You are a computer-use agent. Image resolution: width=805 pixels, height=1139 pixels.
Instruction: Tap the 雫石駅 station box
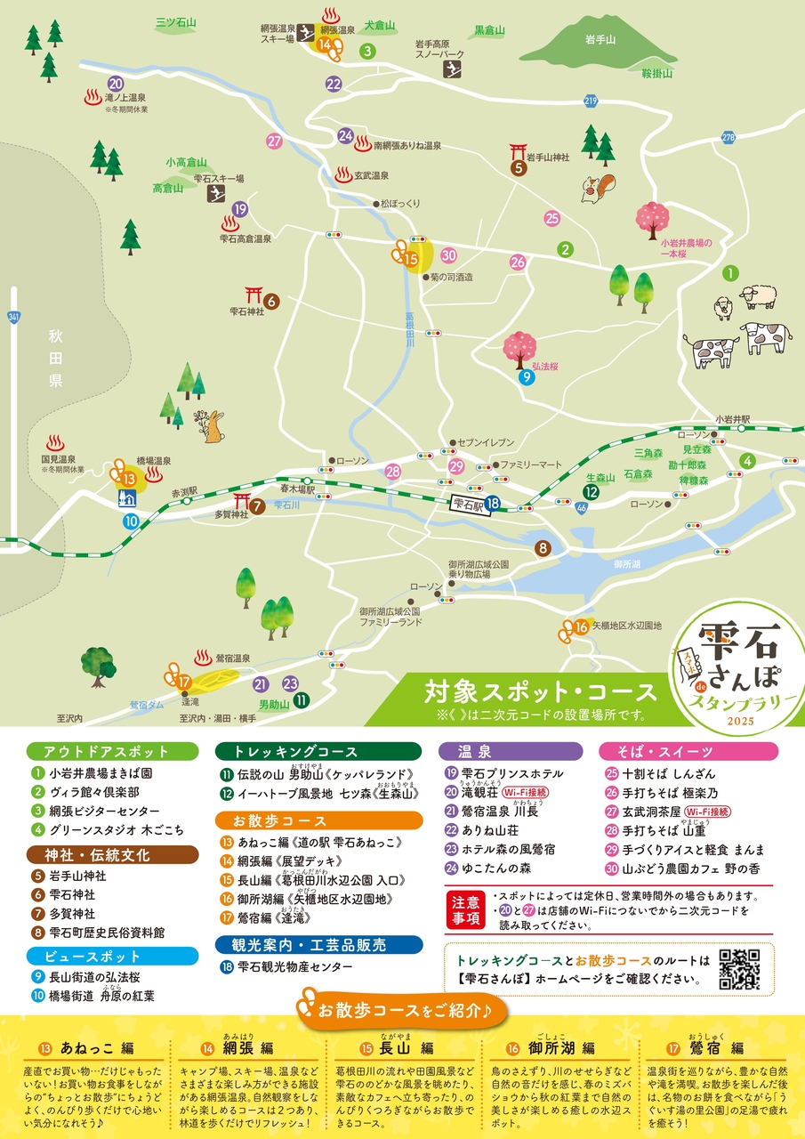click(467, 504)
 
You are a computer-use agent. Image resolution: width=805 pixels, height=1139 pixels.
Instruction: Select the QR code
click(739, 969)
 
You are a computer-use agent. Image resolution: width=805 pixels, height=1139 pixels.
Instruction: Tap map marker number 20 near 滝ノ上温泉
click(115, 83)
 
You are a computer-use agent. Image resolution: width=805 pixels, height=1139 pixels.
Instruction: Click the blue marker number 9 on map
click(527, 377)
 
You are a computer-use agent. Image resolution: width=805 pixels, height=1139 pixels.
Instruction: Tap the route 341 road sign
click(12, 316)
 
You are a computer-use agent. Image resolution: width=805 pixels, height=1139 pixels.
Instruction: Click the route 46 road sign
click(581, 508)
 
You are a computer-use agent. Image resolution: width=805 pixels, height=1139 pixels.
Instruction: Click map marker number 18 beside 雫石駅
click(493, 505)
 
